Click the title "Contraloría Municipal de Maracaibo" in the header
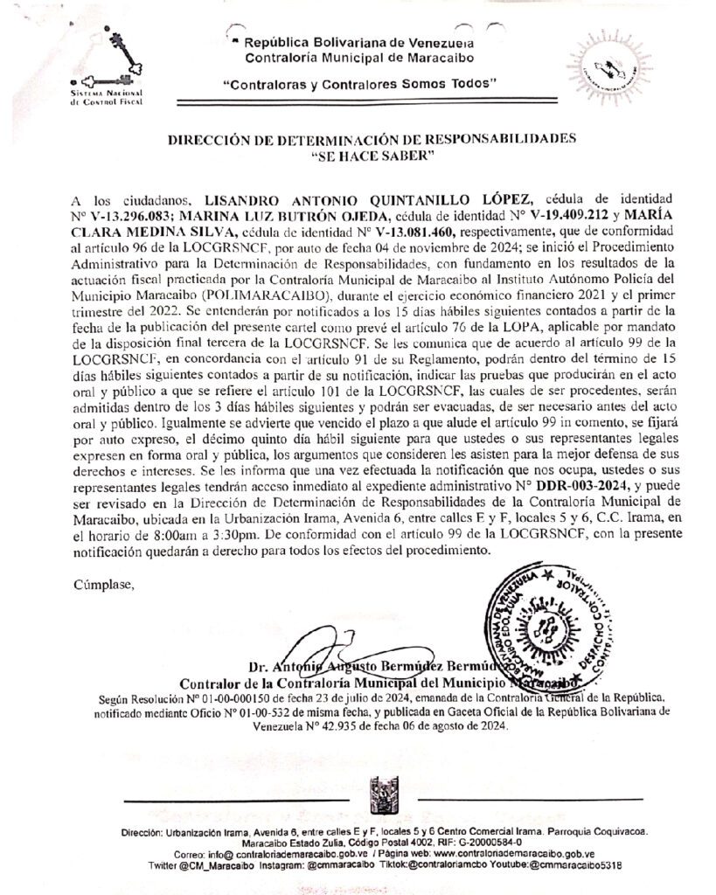359,58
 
